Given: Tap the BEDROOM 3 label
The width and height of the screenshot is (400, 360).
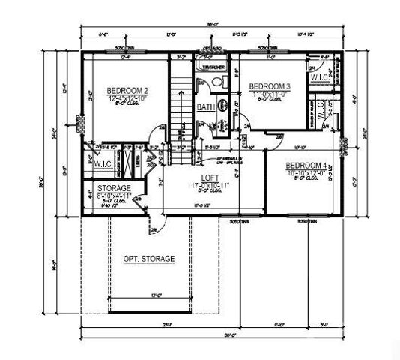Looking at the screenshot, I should pos(271,87).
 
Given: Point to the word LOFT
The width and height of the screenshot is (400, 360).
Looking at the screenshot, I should pos(200,177).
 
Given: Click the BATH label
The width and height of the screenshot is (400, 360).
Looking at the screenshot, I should pos(204,107).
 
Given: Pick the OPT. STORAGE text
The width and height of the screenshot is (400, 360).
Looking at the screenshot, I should pos(149,259).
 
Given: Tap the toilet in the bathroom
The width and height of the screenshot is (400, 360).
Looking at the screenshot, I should pos(223,106).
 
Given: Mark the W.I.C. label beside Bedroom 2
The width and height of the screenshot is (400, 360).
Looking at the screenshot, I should pos(103,163).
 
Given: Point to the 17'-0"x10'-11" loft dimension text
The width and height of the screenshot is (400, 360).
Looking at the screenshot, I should pos(200,185).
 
